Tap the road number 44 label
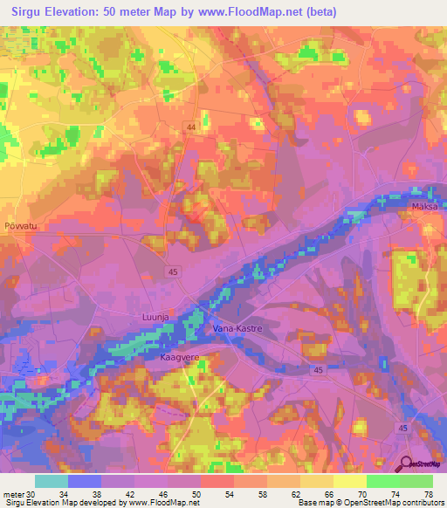coord(189,127)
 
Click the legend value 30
coord(31,494)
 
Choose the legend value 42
coord(134,494)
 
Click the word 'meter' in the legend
coord(12,494)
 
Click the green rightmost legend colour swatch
coord(416,481)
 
